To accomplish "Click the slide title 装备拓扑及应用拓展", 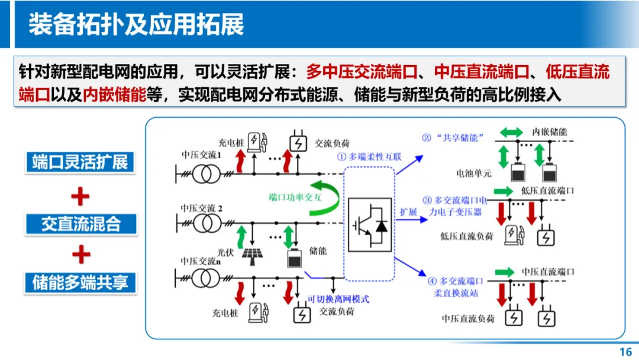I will [136, 25].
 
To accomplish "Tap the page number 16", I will [625, 352].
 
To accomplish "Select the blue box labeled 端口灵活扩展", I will [80, 162].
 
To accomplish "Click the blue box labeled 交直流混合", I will [80, 224].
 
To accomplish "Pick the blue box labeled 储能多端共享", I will [80, 282].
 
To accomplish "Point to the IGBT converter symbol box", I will [369, 223].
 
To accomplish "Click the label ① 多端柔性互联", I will [369, 157].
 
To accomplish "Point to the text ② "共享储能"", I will [453, 138].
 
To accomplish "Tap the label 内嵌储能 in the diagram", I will [549, 131].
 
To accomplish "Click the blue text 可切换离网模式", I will [338, 299].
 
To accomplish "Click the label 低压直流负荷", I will [466, 236].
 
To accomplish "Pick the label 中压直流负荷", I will [467, 319].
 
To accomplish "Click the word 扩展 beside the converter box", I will [409, 212].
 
